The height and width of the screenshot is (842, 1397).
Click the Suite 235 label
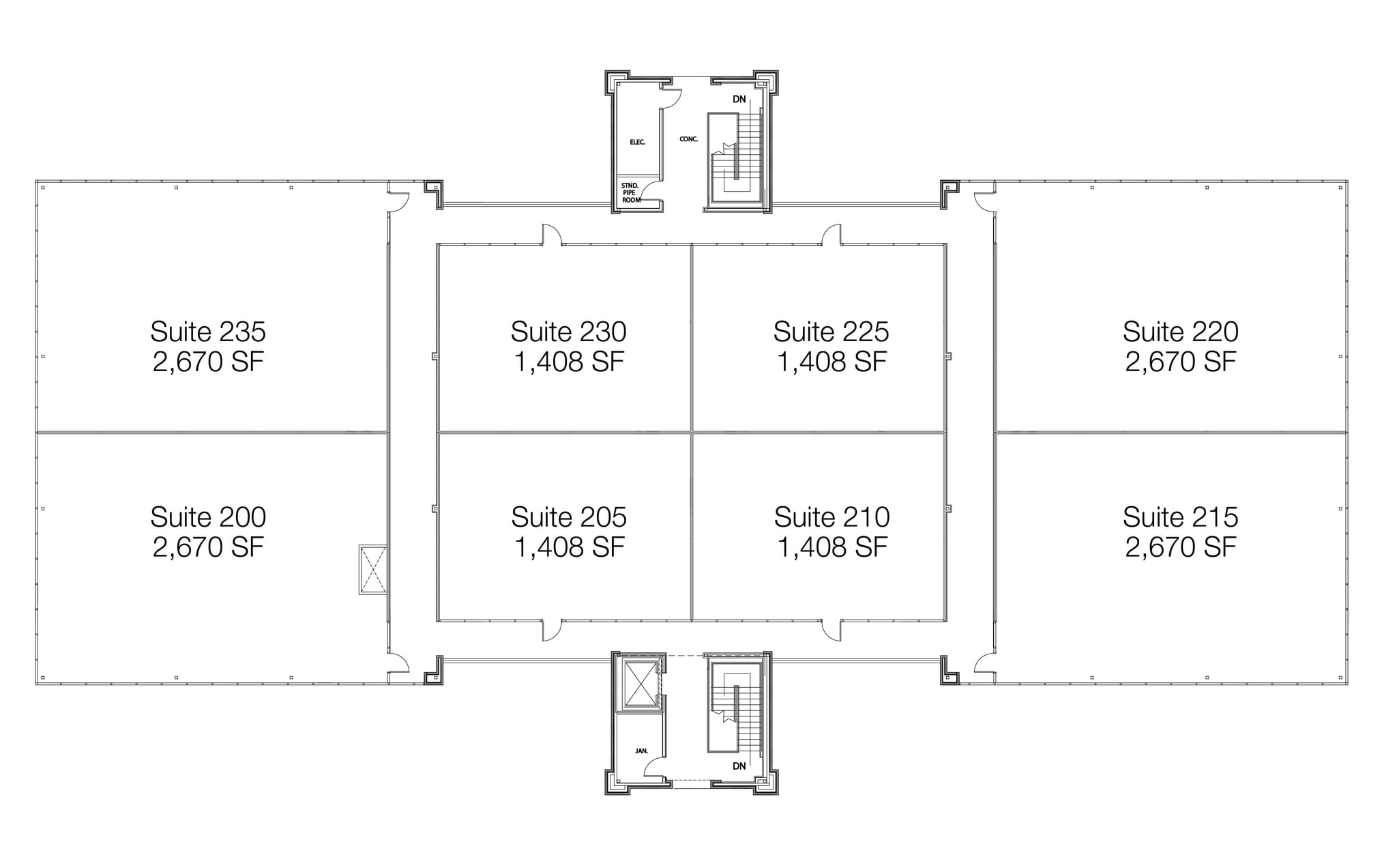pyautogui.click(x=208, y=332)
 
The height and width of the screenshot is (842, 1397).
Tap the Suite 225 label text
pyautogui.click(x=831, y=332)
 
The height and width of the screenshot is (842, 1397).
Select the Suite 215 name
pyautogui.click(x=1180, y=517)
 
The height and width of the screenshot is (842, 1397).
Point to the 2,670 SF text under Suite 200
pyautogui.click(x=208, y=547)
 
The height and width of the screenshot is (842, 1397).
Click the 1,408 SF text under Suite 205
pyautogui.click(x=569, y=547)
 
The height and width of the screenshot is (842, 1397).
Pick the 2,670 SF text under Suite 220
pyautogui.click(x=1180, y=362)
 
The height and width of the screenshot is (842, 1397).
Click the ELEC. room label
pyautogui.click(x=637, y=142)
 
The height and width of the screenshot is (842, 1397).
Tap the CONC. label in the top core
pyautogui.click(x=688, y=139)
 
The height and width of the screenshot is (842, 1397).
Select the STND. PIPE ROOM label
pyautogui.click(x=630, y=192)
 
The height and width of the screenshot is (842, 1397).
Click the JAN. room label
pyautogui.click(x=641, y=751)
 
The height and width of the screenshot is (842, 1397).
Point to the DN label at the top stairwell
pyautogui.click(x=739, y=99)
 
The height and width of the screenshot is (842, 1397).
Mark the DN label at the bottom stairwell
pyautogui.click(x=739, y=766)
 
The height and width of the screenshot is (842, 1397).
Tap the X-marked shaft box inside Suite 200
pyautogui.click(x=372, y=569)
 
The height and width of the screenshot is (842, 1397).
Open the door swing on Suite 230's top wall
pyautogui.click(x=552, y=235)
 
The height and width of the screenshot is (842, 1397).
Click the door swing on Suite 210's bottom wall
pyautogui.click(x=832, y=630)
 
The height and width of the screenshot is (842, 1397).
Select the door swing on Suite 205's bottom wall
pyautogui.click(x=552, y=630)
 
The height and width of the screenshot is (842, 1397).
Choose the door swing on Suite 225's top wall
pyautogui.click(x=832, y=235)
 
